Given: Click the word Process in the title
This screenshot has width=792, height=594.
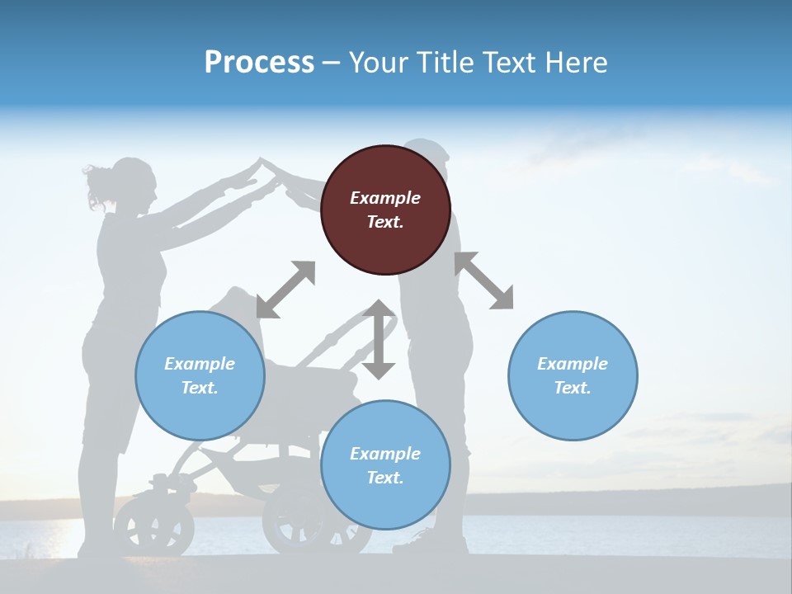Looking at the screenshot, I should [259, 63].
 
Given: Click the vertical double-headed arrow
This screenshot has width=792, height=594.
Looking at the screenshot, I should [379, 339].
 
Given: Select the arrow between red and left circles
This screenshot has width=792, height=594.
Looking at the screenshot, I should [285, 290].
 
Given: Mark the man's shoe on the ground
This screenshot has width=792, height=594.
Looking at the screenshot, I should [421, 544].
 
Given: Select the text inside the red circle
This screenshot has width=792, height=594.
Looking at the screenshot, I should [385, 210].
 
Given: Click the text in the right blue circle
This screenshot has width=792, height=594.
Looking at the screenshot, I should [573, 375].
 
